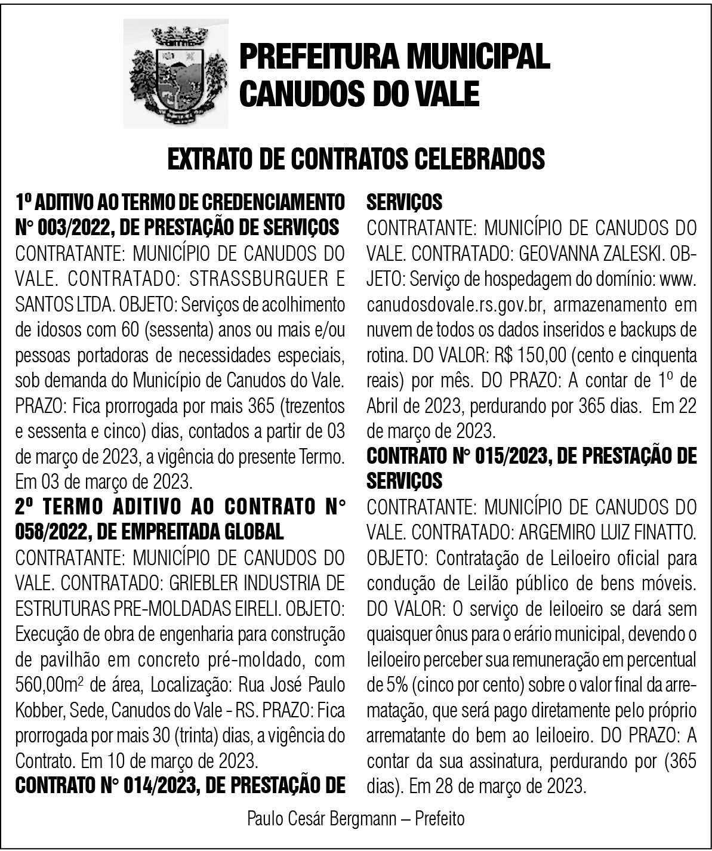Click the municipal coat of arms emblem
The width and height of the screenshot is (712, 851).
[x=175, y=73]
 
